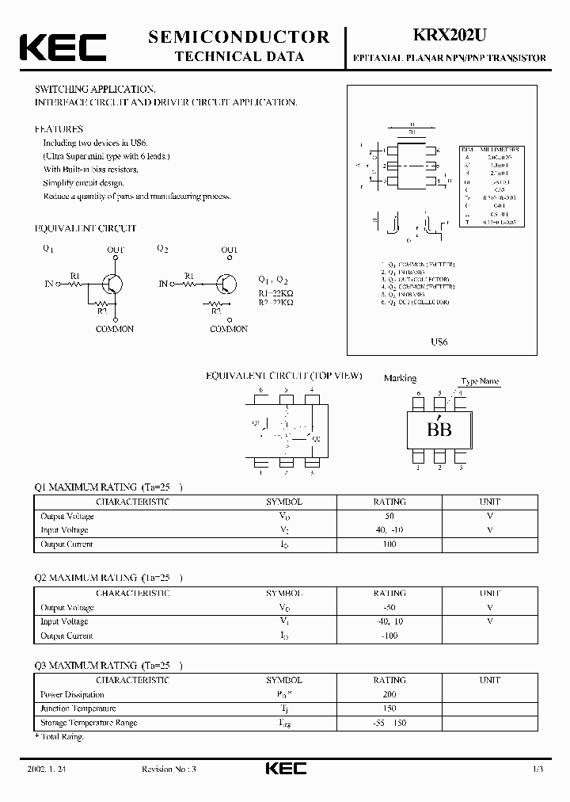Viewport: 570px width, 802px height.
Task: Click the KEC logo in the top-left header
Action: coord(63,48)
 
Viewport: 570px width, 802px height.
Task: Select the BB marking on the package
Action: coord(439,430)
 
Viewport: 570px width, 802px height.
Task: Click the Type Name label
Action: coord(480,381)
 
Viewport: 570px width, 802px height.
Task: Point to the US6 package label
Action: coord(439,342)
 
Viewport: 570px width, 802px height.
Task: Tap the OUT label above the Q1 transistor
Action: coord(116,250)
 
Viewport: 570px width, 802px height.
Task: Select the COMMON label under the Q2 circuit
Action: coord(229,329)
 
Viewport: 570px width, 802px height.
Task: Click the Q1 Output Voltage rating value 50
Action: coord(389,516)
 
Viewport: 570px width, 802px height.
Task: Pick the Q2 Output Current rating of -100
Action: coord(389,636)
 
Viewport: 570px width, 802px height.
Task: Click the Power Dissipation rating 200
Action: coord(389,694)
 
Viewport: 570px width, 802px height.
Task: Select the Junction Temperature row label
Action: coord(78,708)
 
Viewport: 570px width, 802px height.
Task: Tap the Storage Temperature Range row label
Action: coord(89,723)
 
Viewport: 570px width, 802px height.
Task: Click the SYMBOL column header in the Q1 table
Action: coord(283,502)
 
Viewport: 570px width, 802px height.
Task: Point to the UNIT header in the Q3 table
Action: coord(489,680)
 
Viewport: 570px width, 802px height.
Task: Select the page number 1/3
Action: coord(538,769)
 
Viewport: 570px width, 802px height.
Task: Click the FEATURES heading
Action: coord(59,128)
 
